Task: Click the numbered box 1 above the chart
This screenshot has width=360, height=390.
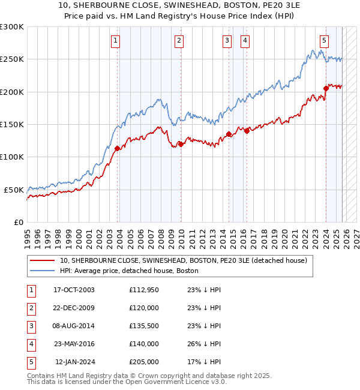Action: pyautogui.click(x=115, y=41)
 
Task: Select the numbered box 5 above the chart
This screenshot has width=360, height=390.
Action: pyautogui.click(x=324, y=41)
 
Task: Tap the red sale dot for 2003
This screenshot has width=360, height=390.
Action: pyautogui.click(x=117, y=148)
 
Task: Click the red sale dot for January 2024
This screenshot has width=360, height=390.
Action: pyautogui.click(x=326, y=88)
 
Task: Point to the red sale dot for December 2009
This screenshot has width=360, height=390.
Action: pyautogui.click(x=181, y=144)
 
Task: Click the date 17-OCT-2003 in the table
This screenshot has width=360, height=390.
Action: pyautogui.click(x=74, y=290)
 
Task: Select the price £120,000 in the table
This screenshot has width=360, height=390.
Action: pyautogui.click(x=144, y=308)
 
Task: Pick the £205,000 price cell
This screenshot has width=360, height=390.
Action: pyautogui.click(x=144, y=362)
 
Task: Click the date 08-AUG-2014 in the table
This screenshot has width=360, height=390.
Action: pyautogui.click(x=74, y=326)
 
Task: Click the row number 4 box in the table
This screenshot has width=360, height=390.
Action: pyautogui.click(x=30, y=344)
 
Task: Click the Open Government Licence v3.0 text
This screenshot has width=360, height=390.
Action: pyautogui.click(x=166, y=381)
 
